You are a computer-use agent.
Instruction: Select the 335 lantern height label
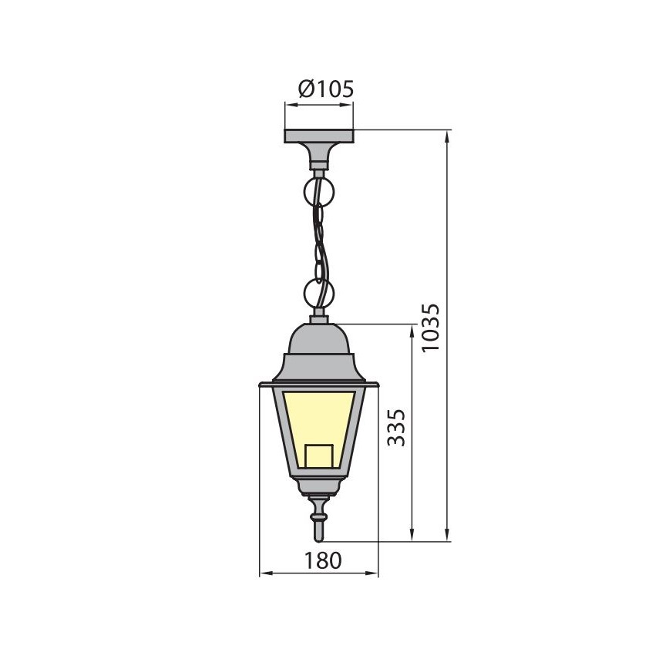(x=396, y=427)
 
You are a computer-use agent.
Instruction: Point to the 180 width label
(x=318, y=560)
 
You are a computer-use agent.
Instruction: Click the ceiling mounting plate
(x=319, y=136)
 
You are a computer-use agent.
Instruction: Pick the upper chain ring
(x=319, y=189)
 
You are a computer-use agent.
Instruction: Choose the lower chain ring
(x=319, y=293)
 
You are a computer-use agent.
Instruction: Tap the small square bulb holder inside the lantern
(x=318, y=456)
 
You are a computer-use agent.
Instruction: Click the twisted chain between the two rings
(x=319, y=240)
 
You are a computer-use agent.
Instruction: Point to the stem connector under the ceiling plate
(x=319, y=159)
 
